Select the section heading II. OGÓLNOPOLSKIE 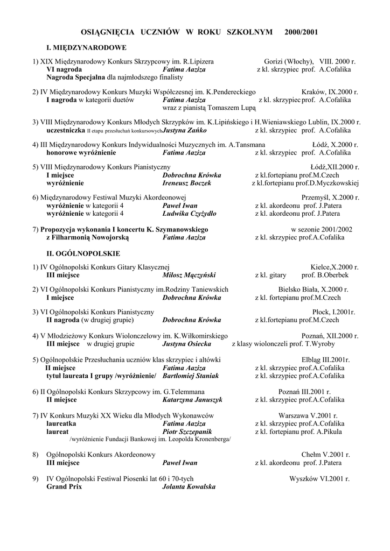tap(83, 253)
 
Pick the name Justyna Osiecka tap(186, 343)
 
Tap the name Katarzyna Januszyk tap(192, 400)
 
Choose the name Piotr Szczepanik tap(187, 432)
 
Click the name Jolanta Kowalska tap(189, 486)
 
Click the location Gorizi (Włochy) tap(289, 61)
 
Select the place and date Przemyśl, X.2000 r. tap(330, 197)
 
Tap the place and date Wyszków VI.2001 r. tap(319, 478)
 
